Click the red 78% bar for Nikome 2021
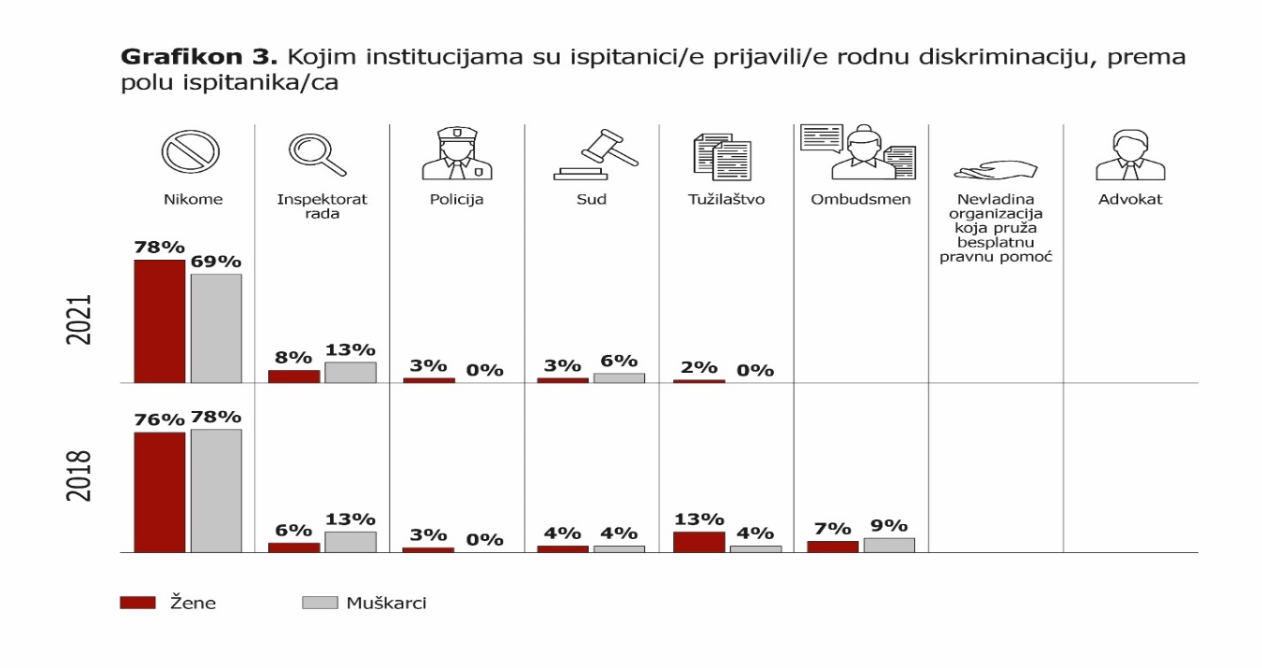click(x=159, y=321)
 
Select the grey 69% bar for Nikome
click(x=216, y=328)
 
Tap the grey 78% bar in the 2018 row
click(x=216, y=490)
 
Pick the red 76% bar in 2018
click(x=159, y=492)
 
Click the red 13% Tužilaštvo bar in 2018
click(x=698, y=542)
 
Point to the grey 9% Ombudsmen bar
click(x=889, y=545)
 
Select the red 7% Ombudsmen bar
click(x=832, y=547)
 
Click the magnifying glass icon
click(x=316, y=155)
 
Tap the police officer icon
click(x=456, y=153)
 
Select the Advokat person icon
click(x=1130, y=155)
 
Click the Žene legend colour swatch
click(x=136, y=603)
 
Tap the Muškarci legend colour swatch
click(x=319, y=603)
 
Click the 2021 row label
click(x=79, y=320)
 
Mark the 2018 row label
click(x=79, y=476)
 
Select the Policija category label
click(x=456, y=199)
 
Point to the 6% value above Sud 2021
click(x=619, y=362)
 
